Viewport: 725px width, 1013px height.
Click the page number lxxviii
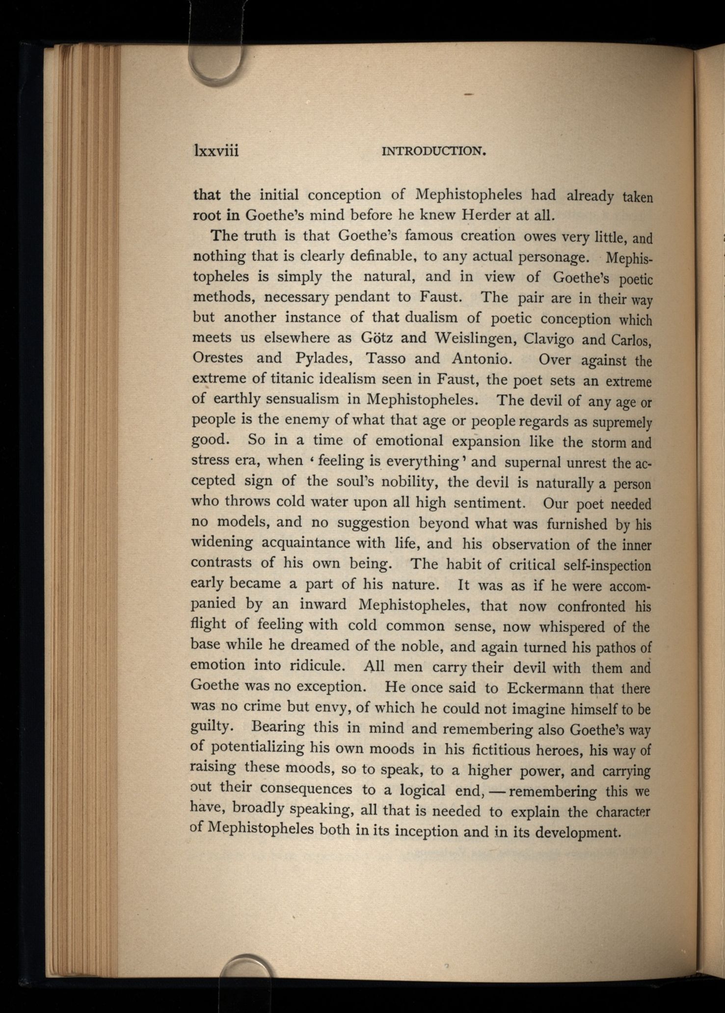click(216, 150)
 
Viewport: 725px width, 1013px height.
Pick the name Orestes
click(217, 358)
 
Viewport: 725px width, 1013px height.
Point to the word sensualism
click(302, 399)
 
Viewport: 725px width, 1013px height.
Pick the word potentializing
click(258, 748)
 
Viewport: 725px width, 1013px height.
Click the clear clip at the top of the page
click(216, 66)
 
